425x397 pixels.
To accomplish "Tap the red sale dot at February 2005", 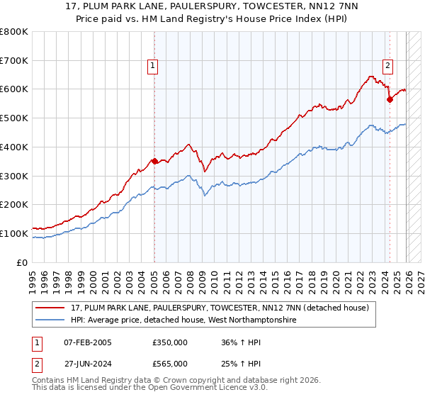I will click(154, 161).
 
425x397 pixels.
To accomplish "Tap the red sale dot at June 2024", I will click(390, 99).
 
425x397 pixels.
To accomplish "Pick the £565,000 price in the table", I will click(170, 363).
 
